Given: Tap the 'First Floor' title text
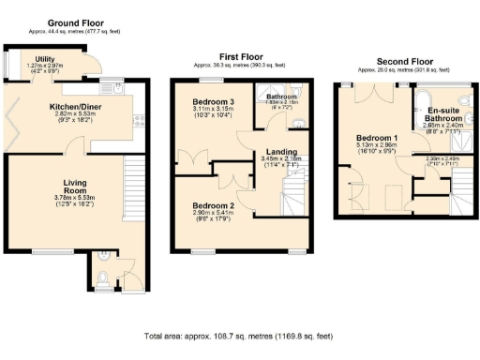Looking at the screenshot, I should tap(239, 56).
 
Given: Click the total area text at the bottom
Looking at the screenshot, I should tap(239, 335).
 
